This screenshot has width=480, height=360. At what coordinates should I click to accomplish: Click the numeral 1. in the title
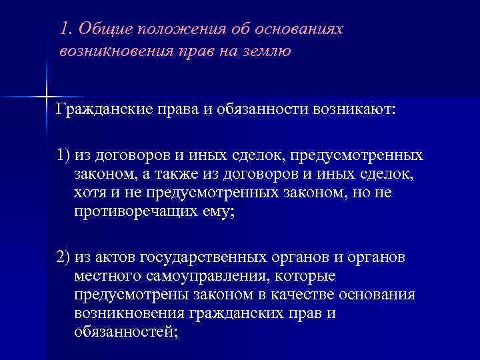pos(65,29)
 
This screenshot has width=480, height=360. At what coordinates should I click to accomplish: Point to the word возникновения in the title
pos(107,52)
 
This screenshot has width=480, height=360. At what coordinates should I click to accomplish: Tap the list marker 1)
pos(64,155)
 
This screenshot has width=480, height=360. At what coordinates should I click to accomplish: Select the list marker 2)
pos(64,257)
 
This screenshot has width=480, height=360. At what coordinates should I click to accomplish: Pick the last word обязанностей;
pos(127,331)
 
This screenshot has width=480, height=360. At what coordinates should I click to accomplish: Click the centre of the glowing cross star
pos(47,96)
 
